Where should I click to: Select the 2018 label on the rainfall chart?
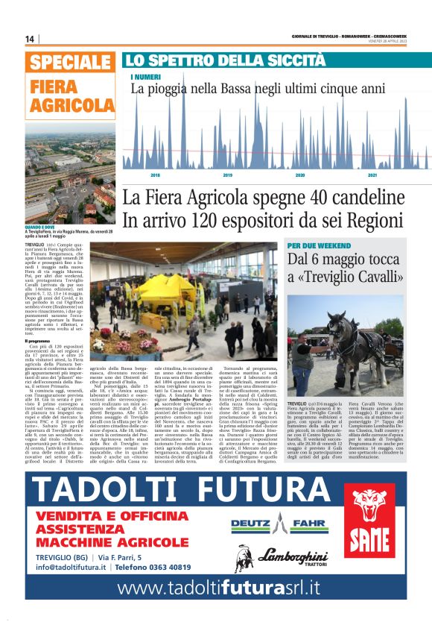pyautogui.click(x=156, y=175)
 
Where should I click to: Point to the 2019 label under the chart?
pyautogui.click(x=228, y=175)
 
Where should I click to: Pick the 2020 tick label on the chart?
pyautogui.click(x=300, y=175)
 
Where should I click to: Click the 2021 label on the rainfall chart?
pyautogui.click(x=372, y=175)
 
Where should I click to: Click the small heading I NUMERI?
pyautogui.click(x=145, y=77)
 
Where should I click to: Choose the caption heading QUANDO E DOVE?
pyautogui.click(x=41, y=227)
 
